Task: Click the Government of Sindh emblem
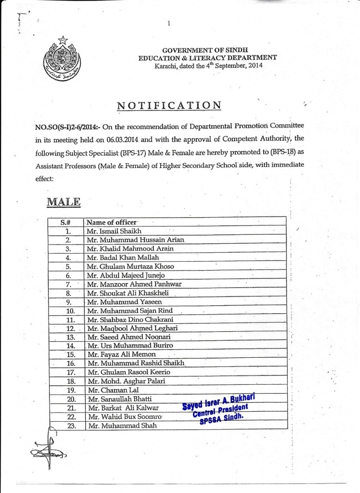coord(61,60)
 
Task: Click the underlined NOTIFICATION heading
coord(169,105)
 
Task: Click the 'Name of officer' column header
coord(112,222)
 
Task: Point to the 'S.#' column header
coord(66,222)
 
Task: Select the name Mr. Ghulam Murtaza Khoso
coord(130,266)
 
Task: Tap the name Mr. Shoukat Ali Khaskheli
coord(128,293)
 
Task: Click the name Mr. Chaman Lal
coord(108,389)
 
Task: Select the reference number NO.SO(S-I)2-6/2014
coord(66,127)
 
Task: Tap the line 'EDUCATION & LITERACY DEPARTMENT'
coord(207,57)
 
